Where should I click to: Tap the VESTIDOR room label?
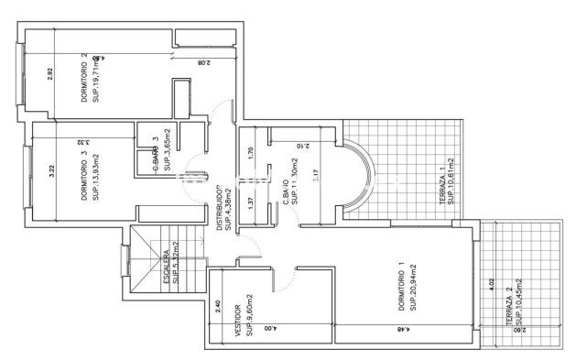point(238,321)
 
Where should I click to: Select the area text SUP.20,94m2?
point(413,289)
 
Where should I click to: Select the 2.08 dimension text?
point(203,63)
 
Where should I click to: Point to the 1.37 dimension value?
point(251,203)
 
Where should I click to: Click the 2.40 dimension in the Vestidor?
point(217,306)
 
